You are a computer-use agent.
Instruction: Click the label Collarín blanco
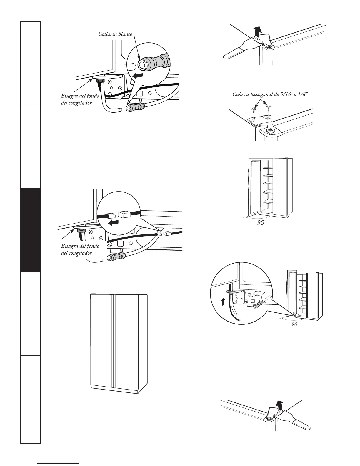click(116, 34)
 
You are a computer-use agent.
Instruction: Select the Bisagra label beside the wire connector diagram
click(80, 249)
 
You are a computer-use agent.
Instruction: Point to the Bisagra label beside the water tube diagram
click(80, 99)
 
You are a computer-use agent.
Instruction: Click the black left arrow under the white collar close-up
click(138, 76)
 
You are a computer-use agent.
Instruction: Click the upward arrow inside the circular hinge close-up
click(223, 301)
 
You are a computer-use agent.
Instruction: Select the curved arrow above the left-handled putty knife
click(258, 30)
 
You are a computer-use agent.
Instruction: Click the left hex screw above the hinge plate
click(253, 110)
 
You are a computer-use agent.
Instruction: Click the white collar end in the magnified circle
click(143, 64)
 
